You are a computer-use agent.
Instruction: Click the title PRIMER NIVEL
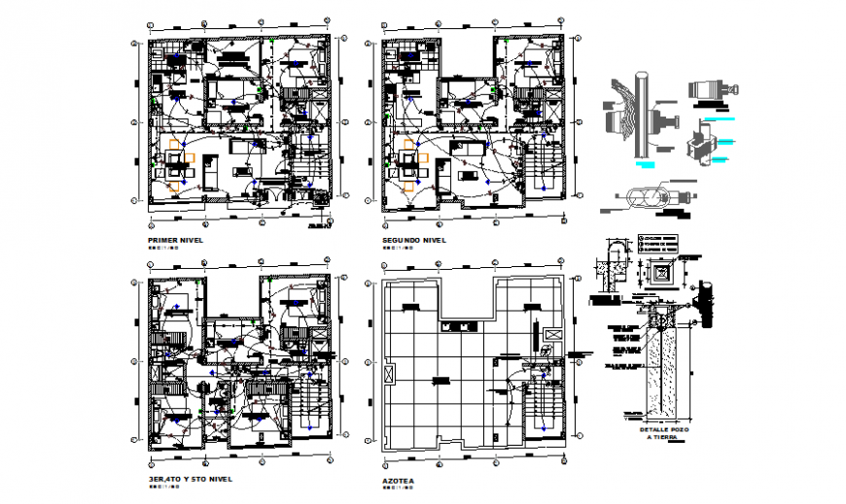[175, 239]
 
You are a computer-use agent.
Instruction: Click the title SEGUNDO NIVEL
[414, 239]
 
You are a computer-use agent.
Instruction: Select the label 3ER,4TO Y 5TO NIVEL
[190, 479]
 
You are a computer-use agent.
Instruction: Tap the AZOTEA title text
[399, 480]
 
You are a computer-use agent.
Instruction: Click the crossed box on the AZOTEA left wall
[392, 373]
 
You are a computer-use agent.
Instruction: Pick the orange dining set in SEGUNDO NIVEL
[414, 158]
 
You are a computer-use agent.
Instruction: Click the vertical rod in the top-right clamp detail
[643, 117]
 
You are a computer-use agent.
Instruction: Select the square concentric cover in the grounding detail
[666, 274]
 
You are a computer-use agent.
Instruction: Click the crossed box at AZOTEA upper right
[551, 335]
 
